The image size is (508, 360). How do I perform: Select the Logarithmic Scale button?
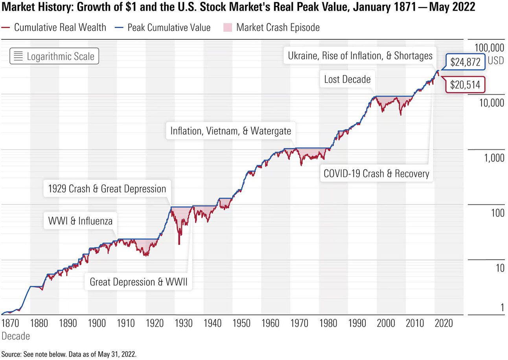tap(54, 56)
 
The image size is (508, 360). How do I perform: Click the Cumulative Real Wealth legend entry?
tap(55, 28)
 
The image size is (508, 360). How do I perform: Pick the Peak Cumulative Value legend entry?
tap(164, 28)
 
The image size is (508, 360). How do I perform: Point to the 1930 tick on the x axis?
tap(184, 323)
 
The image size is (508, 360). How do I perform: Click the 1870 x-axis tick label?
tap(10, 323)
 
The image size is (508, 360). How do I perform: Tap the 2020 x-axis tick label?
tap(444, 323)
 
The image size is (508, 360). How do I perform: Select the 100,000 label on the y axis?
tap(489, 48)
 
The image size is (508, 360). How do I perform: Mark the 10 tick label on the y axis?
tap(499, 268)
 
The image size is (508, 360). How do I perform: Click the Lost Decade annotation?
tap(347, 79)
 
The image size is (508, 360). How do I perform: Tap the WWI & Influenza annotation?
tap(80, 221)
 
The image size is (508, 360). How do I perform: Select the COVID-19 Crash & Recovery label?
tap(376, 173)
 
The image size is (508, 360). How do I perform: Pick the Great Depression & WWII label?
tap(138, 282)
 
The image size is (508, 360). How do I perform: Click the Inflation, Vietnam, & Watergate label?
tap(231, 131)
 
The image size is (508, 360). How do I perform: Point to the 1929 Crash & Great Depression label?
tap(107, 189)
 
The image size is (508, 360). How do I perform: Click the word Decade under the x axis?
tap(16, 336)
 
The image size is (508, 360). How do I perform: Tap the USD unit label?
tap(496, 61)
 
